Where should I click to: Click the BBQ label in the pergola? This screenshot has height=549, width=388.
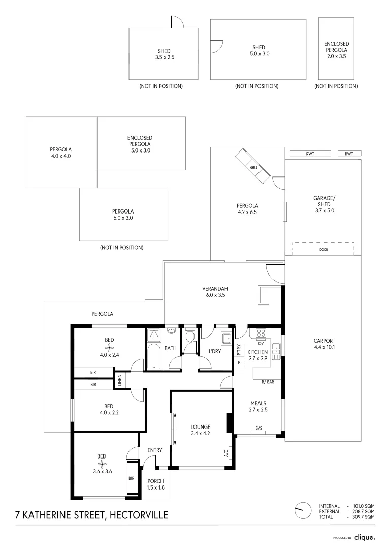click(x=253, y=167)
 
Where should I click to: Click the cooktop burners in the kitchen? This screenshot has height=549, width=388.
click(x=261, y=333)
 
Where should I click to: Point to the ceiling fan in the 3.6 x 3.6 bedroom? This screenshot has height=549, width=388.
click(x=102, y=464)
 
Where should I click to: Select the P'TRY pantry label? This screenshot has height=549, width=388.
click(x=239, y=350)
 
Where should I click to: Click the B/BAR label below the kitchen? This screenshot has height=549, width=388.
click(x=267, y=382)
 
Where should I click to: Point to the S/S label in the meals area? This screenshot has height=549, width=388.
click(x=259, y=428)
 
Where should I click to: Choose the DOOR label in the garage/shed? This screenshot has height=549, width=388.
click(x=324, y=250)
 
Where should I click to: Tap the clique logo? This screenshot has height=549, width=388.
click(x=364, y=537)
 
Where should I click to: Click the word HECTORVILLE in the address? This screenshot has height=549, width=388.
click(x=137, y=515)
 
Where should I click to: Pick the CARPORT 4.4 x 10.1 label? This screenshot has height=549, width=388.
click(x=324, y=344)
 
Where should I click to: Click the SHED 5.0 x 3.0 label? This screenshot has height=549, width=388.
click(x=258, y=50)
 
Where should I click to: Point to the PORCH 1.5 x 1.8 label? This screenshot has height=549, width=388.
click(x=156, y=484)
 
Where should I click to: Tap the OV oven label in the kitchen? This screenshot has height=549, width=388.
click(x=261, y=343)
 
